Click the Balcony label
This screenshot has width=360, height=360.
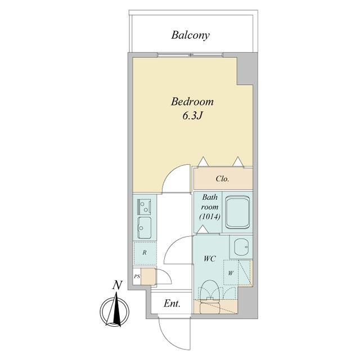(190, 35)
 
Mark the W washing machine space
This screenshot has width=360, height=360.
(231, 274)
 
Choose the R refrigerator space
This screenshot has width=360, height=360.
(145, 253)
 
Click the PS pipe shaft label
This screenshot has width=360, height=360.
(137, 277)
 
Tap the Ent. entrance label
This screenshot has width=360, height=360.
(172, 304)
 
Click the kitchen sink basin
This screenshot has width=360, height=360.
(145, 227)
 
